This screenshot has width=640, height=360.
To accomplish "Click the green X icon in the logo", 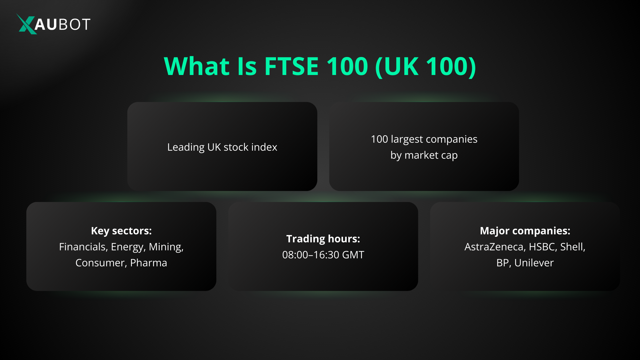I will point(26,24).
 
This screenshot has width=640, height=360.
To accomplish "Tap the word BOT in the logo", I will point(74,24).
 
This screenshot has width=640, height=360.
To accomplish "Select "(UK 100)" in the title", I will point(425,66).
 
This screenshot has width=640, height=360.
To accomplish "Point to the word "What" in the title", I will point(197,66).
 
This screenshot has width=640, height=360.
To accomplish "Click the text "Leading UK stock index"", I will point(222,147).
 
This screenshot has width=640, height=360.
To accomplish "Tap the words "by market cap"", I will point(424,155).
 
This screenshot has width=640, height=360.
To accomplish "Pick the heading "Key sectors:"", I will point(121,231).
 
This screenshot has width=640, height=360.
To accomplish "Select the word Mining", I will point(166,247).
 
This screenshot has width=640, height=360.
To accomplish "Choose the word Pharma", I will point(148,263).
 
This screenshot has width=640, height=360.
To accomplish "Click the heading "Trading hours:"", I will point(323,239).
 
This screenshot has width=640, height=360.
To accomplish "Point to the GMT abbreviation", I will point(353,255).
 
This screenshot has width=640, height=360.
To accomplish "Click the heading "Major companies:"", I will point(525,231).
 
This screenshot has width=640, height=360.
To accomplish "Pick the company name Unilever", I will point(534,263).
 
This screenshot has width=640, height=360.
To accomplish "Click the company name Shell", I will point(572,247).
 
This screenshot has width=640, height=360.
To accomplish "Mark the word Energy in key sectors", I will point(128,247).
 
